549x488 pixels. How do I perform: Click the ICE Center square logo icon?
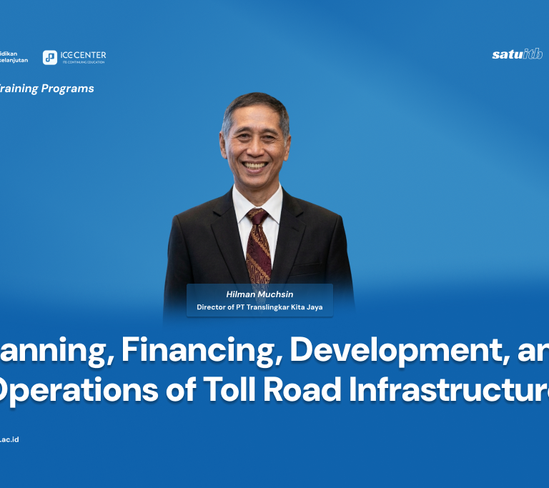click(x=50, y=58)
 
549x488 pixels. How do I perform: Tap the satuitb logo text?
click(x=517, y=54)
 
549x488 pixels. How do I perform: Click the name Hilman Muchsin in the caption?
click(x=259, y=293)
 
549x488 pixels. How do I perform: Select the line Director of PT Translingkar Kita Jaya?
click(x=259, y=307)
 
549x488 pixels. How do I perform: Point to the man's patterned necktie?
click(x=258, y=243)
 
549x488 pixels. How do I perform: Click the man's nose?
click(x=255, y=149)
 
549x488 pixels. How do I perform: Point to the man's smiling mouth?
click(x=255, y=166)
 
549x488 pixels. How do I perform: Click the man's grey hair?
click(x=255, y=105)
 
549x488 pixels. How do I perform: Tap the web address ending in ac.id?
click(x=9, y=439)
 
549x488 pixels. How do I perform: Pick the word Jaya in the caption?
click(x=315, y=307)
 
